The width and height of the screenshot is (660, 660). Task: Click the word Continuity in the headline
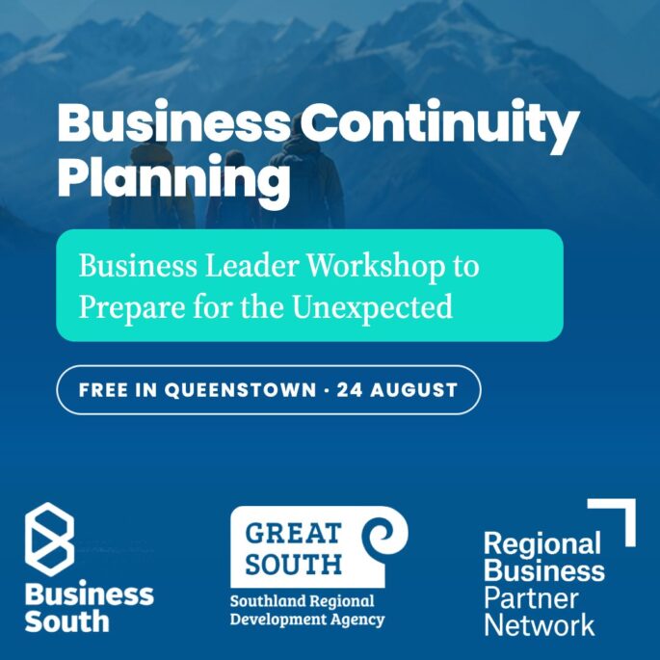(x=440, y=125)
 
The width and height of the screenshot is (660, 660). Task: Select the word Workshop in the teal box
(x=376, y=267)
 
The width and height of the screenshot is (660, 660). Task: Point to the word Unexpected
(x=373, y=306)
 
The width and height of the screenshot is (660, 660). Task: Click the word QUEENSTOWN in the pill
(x=240, y=390)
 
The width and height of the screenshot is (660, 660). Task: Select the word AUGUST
(x=413, y=390)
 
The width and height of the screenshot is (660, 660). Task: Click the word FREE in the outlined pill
(x=103, y=390)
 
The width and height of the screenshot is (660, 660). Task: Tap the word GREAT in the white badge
(x=293, y=534)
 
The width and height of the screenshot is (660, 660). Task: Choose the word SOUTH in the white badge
(x=293, y=565)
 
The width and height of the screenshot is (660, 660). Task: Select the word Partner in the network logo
(x=531, y=598)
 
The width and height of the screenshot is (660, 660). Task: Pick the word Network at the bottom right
(x=540, y=624)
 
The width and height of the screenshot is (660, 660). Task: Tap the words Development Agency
(x=307, y=620)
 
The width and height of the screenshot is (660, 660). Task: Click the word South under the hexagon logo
(x=66, y=621)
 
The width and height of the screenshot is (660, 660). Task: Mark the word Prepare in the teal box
(x=132, y=307)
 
